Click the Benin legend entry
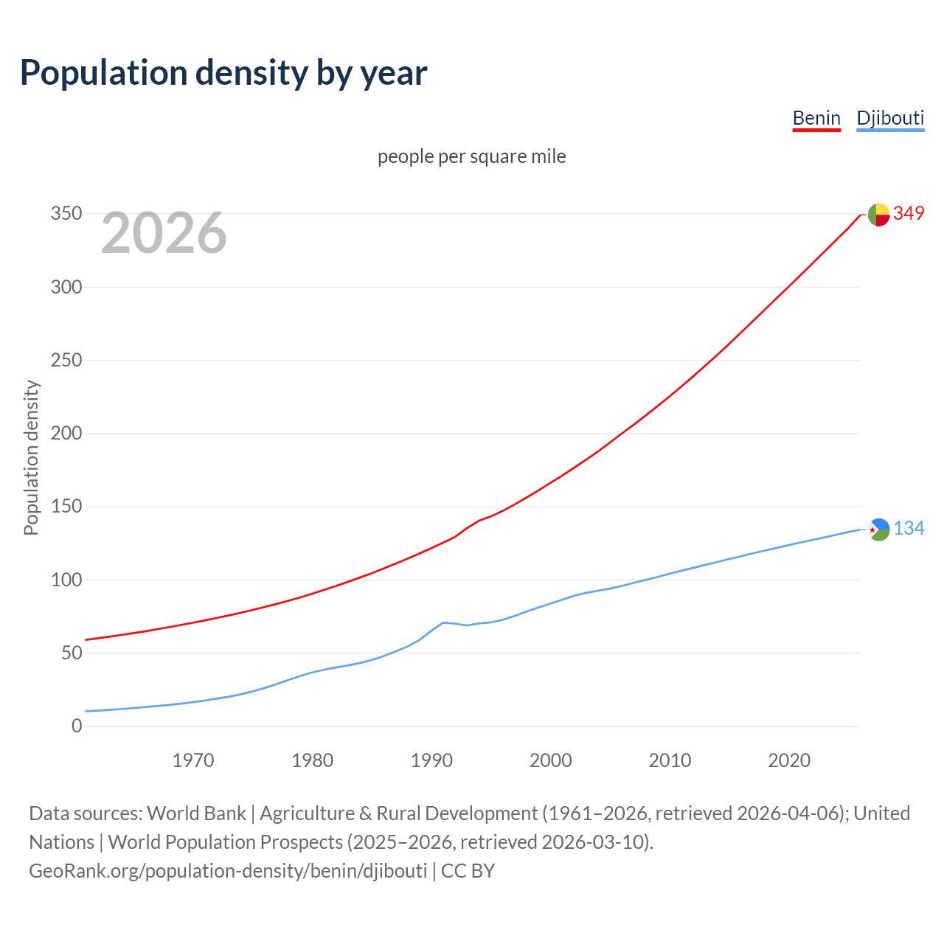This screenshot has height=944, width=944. pos(816,118)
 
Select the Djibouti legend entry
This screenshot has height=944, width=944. pos(890,118)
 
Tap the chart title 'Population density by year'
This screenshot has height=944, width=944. pos(223,72)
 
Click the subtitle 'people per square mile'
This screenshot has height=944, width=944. pos(471,156)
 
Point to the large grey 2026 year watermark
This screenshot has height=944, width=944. pos(164,233)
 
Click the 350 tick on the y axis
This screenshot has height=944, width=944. pos(66,214)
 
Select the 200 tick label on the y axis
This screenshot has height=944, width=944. pos(66,433)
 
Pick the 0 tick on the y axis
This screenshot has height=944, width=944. pos(77,726)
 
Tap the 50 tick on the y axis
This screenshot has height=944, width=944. pos(71,653)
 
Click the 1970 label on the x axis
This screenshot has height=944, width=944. pos(193,760)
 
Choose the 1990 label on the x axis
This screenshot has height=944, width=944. pos(431,760)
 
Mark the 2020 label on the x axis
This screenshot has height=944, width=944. pos(789,760)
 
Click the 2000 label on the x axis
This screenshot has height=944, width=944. pos(551,760)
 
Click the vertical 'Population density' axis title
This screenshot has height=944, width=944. pos(31,457)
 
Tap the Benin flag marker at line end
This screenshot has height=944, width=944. pos(878,215)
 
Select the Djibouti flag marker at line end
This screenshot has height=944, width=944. pos(878,529)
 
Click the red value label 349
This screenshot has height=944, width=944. pos(909,214)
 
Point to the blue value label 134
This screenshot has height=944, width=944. pos(909,529)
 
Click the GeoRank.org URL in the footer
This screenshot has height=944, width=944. pos(228,871)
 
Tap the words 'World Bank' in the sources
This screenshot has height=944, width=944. pos(196,813)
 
